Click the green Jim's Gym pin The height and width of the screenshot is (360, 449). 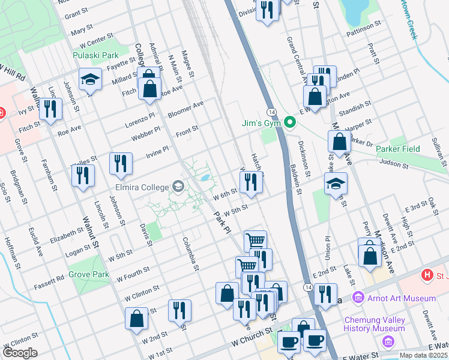[291, 124]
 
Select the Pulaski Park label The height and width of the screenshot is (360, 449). [95, 55]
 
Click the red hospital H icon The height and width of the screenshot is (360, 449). [427, 276]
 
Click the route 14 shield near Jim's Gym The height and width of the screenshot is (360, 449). [272, 113]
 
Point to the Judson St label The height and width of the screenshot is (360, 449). [394, 163]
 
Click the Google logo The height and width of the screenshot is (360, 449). [20, 352]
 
